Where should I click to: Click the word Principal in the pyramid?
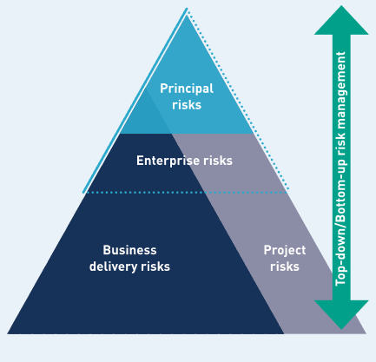pyautogui.click(x=187, y=89)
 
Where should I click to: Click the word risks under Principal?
pyautogui.click(x=187, y=105)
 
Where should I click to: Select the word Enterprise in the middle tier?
pyautogui.click(x=168, y=161)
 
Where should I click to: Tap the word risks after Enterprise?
pyautogui.click(x=218, y=161)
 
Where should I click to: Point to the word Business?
pyautogui.click(x=129, y=250)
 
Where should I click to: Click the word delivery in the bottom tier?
pyautogui.click(x=113, y=267)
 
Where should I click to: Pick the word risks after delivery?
pyautogui.click(x=155, y=267)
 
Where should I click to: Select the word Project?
pyautogui.click(x=285, y=250)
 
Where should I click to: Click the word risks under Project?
pyautogui.click(x=285, y=267)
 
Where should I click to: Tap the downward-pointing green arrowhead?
pyautogui.click(x=341, y=314)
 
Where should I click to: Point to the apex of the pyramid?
pyautogui.click(x=187, y=9)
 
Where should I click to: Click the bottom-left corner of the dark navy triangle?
pyautogui.click(x=8, y=333)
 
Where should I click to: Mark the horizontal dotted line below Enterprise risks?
pyautogui.click(x=187, y=193)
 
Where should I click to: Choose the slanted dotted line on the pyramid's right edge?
pyautogui.click(x=238, y=100)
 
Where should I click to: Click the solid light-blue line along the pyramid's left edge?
pyautogui.click(x=135, y=101)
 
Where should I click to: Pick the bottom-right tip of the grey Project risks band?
pyautogui.click(x=366, y=333)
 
